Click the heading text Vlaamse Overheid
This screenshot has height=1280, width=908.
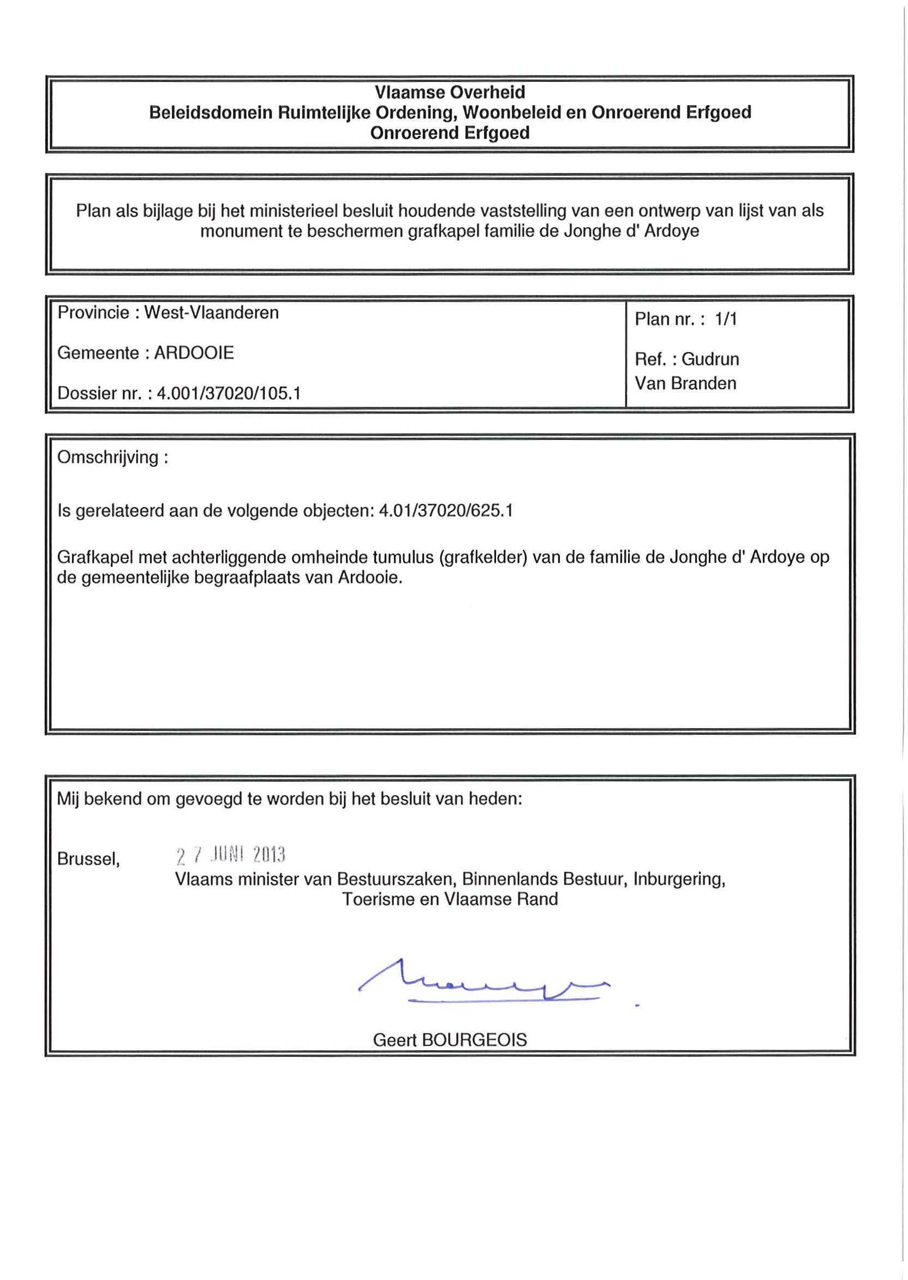(x=450, y=92)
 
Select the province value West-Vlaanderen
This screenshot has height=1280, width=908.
(x=211, y=313)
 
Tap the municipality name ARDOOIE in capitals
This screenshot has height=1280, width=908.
(x=194, y=353)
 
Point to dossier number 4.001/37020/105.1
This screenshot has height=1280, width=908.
(x=229, y=394)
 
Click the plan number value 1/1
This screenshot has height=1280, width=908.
(x=726, y=319)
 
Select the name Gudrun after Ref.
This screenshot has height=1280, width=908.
(x=710, y=359)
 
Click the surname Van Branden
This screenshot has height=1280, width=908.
(x=685, y=384)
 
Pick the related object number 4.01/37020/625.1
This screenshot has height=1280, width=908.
(x=446, y=511)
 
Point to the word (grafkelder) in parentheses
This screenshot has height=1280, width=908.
(x=484, y=557)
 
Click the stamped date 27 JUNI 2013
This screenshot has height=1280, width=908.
(x=230, y=855)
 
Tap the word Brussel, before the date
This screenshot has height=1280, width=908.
(x=88, y=859)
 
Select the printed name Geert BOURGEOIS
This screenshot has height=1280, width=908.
(x=450, y=1040)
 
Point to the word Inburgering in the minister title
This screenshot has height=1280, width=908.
(x=679, y=879)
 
